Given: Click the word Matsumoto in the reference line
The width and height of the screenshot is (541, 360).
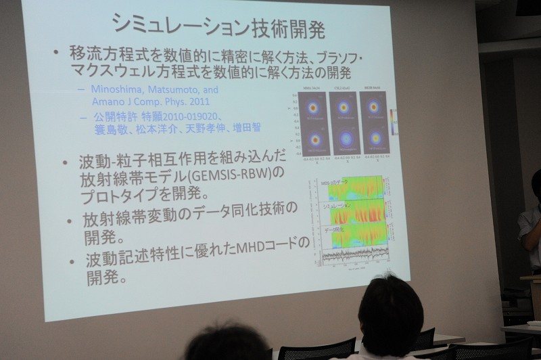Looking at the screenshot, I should [x=177, y=89].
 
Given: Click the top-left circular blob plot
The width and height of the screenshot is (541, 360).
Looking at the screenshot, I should [x=312, y=108].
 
